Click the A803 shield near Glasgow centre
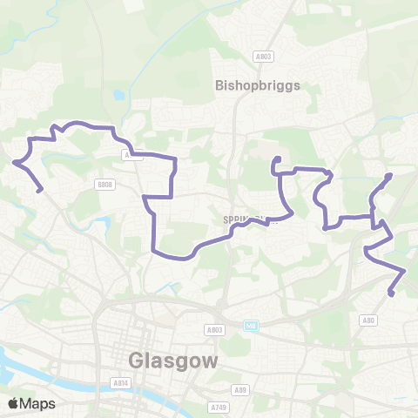pos(214,330)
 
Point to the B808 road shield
pos(105,185)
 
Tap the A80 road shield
pos(369,321)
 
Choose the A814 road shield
pos(121,382)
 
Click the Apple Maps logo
pos(31,403)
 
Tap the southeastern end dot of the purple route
pos(391,293)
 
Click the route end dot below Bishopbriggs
pos(276,159)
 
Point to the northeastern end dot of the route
pos(388,176)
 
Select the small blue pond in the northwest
pos(118,97)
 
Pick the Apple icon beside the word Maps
pos(13,403)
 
